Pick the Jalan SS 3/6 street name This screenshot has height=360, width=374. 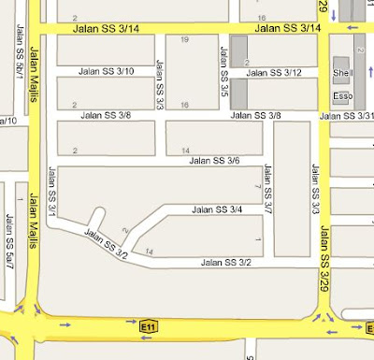214,161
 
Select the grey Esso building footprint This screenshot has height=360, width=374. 343,101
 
